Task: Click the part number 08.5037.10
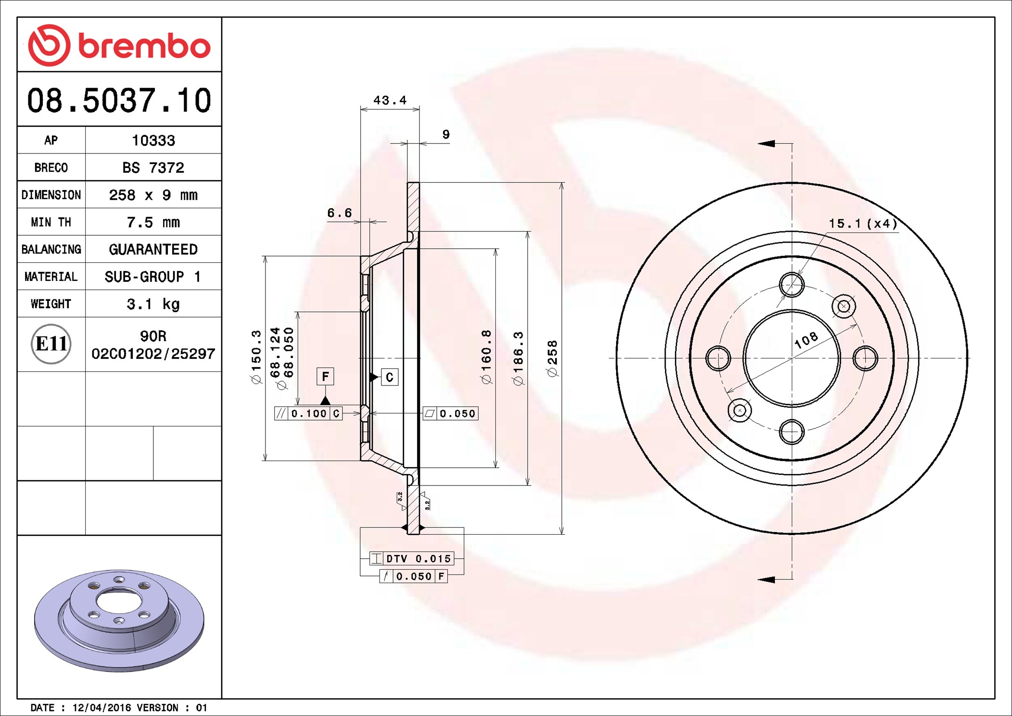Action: tap(119, 101)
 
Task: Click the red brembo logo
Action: tap(119, 45)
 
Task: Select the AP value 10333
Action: tap(153, 141)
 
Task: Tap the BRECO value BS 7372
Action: tap(153, 167)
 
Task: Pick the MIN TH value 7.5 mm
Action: tap(153, 222)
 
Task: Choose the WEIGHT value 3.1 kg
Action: tap(153, 304)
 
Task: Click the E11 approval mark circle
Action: tap(51, 344)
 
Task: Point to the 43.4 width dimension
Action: tap(390, 100)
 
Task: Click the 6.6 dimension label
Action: tap(340, 213)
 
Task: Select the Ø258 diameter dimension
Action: tap(552, 358)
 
